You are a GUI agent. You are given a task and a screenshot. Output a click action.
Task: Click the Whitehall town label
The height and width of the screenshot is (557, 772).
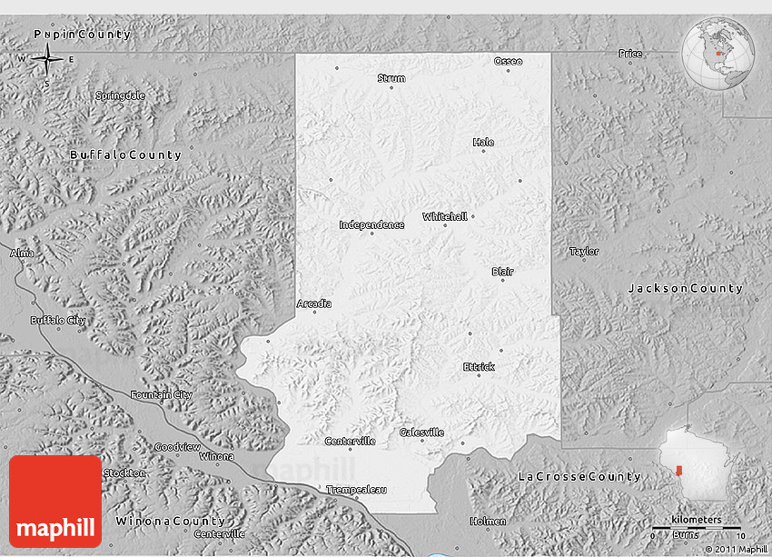[x=445, y=216]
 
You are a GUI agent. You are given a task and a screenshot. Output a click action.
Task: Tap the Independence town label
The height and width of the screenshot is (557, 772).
[x=371, y=224]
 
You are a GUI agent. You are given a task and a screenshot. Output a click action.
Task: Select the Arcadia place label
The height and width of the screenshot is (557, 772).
[x=314, y=303]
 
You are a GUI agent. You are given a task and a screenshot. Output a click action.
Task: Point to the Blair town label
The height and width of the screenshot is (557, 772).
[x=502, y=272]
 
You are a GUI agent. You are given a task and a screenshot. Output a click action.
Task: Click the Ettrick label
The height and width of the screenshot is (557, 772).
[x=479, y=367]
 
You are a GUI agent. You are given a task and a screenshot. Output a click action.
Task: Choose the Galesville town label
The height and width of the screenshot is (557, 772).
[x=421, y=433]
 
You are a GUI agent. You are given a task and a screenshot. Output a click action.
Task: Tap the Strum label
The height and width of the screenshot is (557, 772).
[x=391, y=78]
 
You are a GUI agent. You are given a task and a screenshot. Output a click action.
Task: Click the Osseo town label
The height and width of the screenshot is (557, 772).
[x=508, y=61]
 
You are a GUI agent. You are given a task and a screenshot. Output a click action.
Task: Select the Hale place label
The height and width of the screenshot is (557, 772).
[x=483, y=142]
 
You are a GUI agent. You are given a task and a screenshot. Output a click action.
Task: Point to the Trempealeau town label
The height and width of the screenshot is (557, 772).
[x=357, y=490]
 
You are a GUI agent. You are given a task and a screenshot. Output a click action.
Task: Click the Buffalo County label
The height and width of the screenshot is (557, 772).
[x=125, y=155]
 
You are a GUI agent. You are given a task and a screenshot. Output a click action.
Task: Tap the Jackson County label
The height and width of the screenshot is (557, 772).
[x=686, y=288]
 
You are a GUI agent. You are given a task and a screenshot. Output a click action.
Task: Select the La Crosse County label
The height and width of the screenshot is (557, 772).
[x=579, y=476]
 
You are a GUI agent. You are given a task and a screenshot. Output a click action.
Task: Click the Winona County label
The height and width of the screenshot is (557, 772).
[x=170, y=522]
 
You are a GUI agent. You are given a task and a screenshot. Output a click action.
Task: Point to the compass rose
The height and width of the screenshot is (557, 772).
[x=46, y=62]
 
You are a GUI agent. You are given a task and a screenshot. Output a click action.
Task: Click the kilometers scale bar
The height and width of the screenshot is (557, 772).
[x=697, y=527]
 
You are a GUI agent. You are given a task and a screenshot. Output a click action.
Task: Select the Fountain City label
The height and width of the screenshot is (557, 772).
[x=162, y=394]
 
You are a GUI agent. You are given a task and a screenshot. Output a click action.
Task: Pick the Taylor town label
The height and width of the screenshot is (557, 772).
[x=584, y=251]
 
